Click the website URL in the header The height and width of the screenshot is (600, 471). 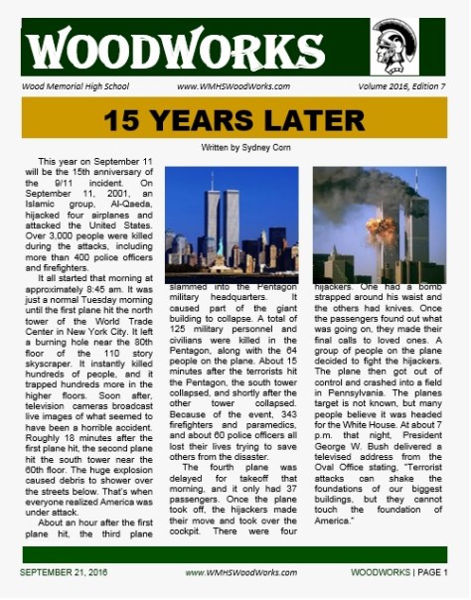tap(235, 86)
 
